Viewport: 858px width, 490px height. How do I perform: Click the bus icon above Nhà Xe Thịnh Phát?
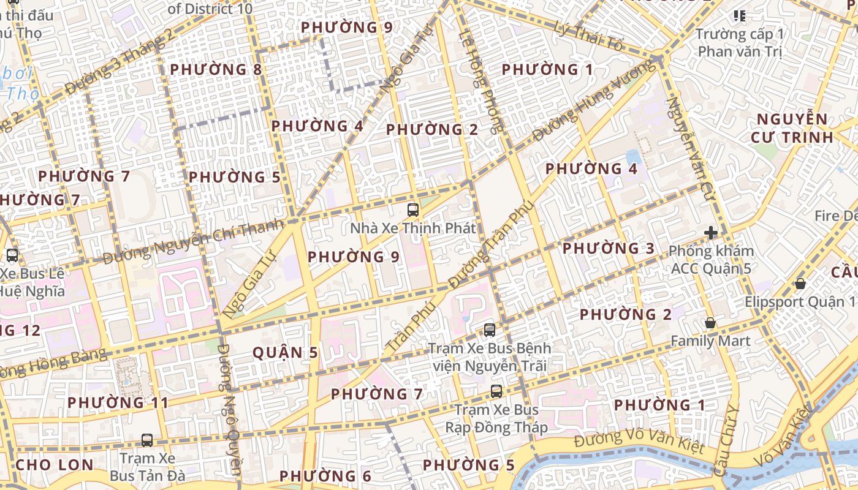[413, 210]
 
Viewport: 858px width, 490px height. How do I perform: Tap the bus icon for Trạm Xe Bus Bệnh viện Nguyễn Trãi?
[489, 330]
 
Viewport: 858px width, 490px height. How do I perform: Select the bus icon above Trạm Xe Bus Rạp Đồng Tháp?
[496, 391]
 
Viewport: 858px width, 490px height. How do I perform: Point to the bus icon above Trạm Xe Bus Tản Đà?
[147, 440]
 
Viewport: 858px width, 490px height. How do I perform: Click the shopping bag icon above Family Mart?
[710, 323]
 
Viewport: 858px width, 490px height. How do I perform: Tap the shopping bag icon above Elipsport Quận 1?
[800, 284]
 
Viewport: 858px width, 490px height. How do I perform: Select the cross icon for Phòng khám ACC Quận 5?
[711, 233]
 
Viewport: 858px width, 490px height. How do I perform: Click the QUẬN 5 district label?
[286, 353]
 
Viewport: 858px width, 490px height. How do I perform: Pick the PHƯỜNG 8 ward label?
[216, 70]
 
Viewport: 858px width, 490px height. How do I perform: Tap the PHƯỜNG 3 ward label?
[609, 249]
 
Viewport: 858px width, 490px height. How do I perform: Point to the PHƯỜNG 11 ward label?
[118, 403]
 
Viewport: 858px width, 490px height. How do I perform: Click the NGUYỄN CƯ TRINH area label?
[792, 128]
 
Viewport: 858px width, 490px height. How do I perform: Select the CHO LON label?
[55, 465]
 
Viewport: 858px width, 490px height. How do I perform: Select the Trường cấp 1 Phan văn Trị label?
[740, 42]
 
